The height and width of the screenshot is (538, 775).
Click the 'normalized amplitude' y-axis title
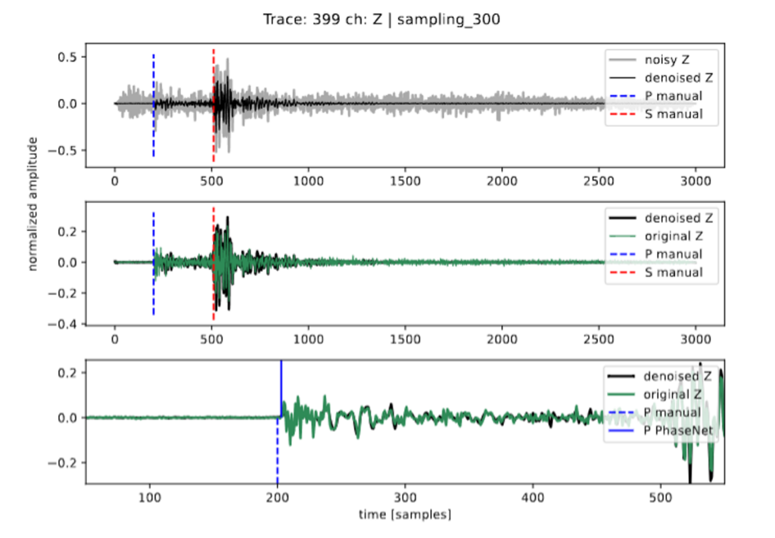[33, 204]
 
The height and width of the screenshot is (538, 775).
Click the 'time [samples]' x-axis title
[405, 515]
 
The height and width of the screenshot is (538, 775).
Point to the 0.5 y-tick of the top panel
[67, 58]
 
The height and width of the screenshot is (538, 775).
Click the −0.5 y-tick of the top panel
[63, 151]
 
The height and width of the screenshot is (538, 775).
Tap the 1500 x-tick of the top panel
[405, 182]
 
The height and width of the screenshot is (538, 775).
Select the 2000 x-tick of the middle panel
[502, 340]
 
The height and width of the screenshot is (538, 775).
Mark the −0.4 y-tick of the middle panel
[63, 324]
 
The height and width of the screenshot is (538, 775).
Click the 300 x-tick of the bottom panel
[405, 497]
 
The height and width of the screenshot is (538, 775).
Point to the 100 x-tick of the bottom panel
[149, 497]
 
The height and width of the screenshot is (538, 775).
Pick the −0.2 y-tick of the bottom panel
[63, 463]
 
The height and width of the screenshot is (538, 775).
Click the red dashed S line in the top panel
[213, 105]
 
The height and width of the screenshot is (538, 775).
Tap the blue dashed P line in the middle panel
[154, 263]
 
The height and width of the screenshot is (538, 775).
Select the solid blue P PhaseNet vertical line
[282, 389]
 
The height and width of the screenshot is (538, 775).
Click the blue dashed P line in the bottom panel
[277, 450]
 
